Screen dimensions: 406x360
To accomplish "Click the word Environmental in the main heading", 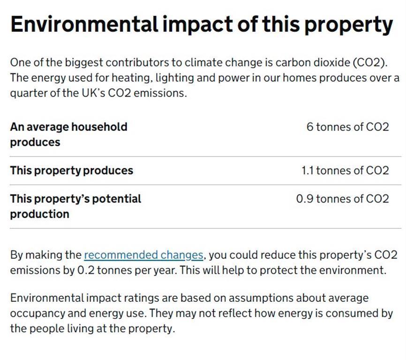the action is (x=84, y=24).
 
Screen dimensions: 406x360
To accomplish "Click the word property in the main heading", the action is (x=348, y=26).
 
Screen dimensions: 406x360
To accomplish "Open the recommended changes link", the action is (x=143, y=255).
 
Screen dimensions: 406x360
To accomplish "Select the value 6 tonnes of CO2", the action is (x=348, y=127).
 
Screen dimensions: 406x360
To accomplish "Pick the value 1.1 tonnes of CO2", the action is (x=345, y=171).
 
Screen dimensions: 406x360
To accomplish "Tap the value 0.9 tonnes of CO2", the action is (x=343, y=199).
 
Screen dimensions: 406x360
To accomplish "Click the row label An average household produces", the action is (x=68, y=135).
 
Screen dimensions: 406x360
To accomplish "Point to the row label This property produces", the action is (x=71, y=171).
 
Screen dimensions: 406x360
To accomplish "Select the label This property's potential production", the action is (x=75, y=207).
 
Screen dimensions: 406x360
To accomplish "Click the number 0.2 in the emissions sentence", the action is (x=86, y=270).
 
